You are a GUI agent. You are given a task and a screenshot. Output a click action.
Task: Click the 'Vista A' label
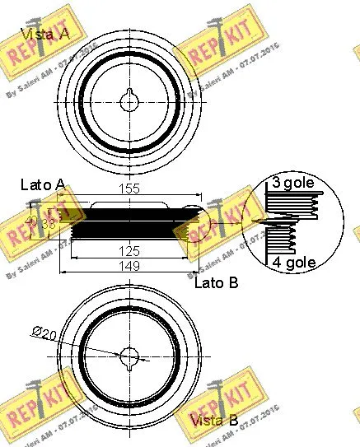click(45, 35)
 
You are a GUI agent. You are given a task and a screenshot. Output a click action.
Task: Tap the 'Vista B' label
click(214, 421)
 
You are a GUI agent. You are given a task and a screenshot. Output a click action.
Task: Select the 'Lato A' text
click(42, 187)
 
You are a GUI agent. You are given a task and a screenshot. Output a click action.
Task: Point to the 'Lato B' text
click(217, 284)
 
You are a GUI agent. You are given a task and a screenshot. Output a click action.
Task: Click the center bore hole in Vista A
click(130, 101)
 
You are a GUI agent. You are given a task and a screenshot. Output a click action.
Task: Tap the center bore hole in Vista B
click(130, 356)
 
